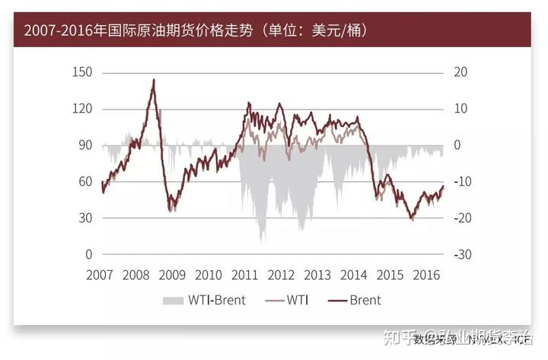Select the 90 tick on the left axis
[84, 145]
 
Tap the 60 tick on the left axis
[84, 182]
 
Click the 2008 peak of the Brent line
[154, 79]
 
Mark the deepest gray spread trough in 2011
[263, 241]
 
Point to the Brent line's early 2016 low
[412, 219]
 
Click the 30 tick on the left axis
[84, 218]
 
